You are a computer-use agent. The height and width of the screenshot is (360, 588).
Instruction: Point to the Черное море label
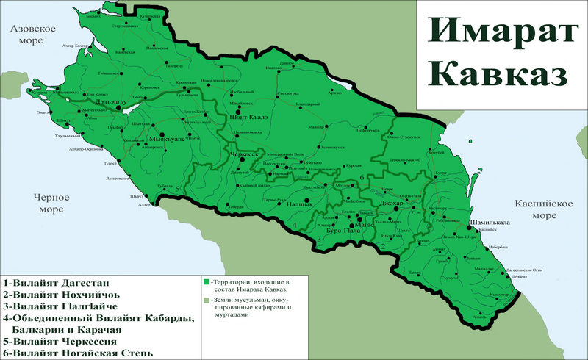click(50, 203)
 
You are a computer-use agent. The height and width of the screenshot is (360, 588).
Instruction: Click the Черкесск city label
click(247, 156)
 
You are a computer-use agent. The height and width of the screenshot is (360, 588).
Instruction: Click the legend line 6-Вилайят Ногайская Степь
click(78, 353)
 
